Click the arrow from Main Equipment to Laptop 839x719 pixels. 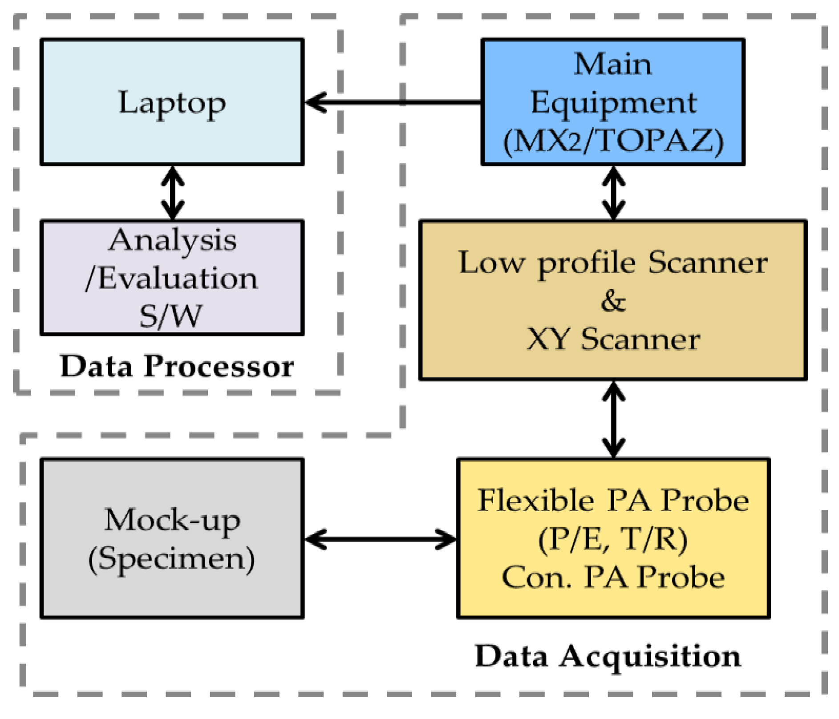tap(392, 102)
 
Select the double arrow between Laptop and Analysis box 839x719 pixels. tap(173, 193)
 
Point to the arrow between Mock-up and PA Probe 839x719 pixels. tap(381, 539)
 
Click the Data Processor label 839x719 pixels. tap(177, 367)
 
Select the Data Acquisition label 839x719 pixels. tap(608, 656)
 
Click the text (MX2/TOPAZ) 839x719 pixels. tap(613, 141)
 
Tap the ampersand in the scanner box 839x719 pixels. tap(613, 301)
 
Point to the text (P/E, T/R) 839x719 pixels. tap(613, 539)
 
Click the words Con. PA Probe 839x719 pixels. tap(613, 577)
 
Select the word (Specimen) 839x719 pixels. tap(172, 559)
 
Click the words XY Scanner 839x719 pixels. tap(613, 339)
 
